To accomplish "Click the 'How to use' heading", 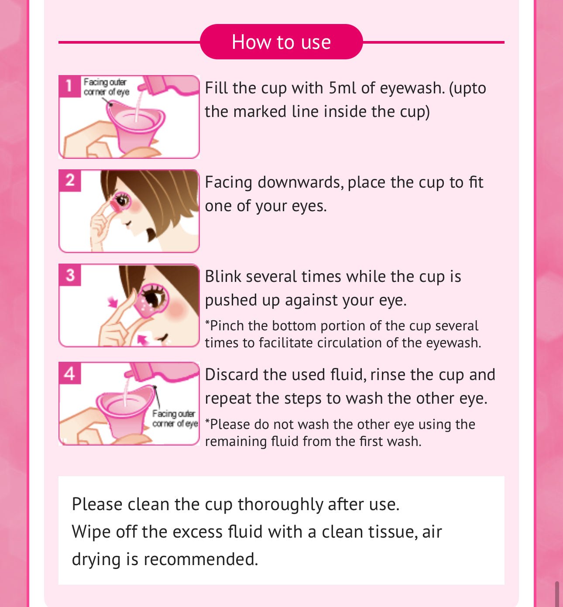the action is (x=281, y=41).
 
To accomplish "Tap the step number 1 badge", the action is (x=69, y=86).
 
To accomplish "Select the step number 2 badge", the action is (x=70, y=180).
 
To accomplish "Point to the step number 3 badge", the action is (x=70, y=275).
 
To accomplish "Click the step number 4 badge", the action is (x=70, y=373).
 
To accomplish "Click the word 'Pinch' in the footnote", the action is (x=227, y=326).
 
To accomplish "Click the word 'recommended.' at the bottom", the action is (x=201, y=559).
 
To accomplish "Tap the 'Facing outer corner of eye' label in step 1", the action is (x=106, y=87).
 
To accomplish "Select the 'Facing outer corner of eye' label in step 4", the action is (x=175, y=418).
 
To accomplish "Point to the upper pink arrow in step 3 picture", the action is (x=113, y=302).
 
